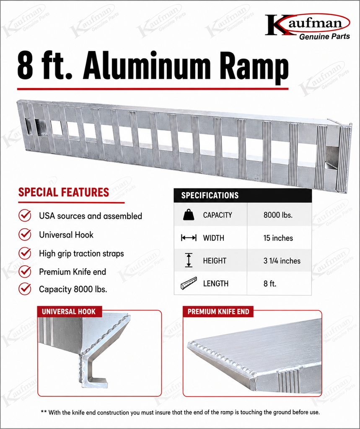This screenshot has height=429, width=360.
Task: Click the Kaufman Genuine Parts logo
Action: pos(308,27)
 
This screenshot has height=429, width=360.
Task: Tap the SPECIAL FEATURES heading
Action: pos(64,192)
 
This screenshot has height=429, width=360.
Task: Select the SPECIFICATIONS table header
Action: pos(243,195)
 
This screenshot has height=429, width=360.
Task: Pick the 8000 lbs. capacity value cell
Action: pos(278,215)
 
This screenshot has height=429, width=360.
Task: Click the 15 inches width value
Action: pos(278,238)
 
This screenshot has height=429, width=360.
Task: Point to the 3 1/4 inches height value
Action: pos(282,261)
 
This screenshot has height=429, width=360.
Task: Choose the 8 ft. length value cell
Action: pos(270,284)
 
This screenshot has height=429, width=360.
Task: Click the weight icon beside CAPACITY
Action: pos(189,215)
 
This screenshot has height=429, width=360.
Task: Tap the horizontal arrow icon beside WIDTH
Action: pos(189,238)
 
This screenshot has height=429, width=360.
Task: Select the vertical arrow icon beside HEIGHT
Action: pos(189,260)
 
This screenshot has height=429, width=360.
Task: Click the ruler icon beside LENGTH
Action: pos(189,283)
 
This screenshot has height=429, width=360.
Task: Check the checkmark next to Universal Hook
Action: pos(25,235)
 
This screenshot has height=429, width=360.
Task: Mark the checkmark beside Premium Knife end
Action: pos(25,271)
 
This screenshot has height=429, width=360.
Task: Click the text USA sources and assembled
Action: pos(91,216)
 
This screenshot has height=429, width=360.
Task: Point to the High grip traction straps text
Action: pos(81,253)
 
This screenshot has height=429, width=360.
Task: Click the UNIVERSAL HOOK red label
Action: pos(70,311)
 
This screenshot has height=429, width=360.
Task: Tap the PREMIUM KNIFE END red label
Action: pos(218,312)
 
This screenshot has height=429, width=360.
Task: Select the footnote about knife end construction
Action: pos(180,412)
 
